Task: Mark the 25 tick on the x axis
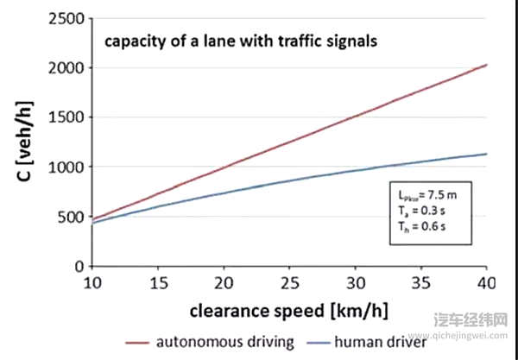point(290,283)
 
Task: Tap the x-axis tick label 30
point(356,283)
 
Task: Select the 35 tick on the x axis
point(421,283)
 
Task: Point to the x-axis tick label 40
point(487,283)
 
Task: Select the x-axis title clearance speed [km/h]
point(289,308)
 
